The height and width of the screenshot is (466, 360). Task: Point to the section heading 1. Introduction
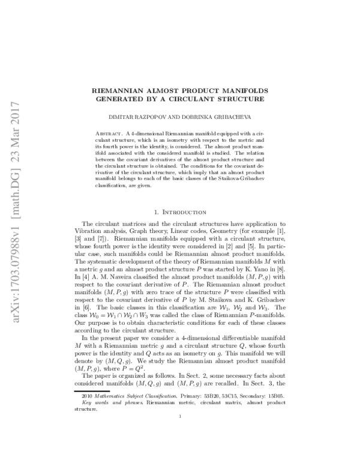coord(179,196)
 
